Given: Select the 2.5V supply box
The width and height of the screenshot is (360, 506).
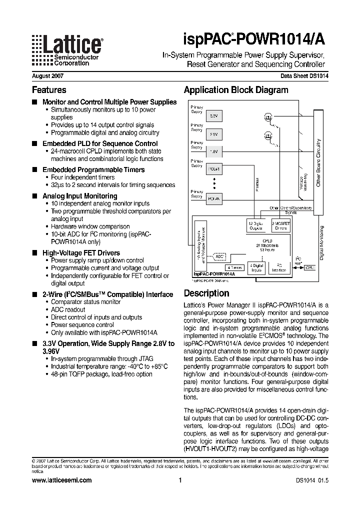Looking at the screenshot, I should coord(213,133).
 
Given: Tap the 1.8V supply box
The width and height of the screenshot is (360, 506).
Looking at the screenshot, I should coord(213,151).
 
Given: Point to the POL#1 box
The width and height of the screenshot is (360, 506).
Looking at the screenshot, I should coord(213,169).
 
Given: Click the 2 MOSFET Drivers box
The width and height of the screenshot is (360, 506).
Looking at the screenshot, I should coord(280,225).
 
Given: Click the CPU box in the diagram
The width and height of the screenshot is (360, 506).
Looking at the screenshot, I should coord(310,267).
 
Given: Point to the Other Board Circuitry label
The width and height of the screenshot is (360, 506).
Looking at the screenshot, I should coord(318,162).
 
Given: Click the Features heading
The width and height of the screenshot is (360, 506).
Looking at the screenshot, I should coord(49,90).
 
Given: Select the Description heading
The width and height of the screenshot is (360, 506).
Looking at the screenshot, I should coord(206,293).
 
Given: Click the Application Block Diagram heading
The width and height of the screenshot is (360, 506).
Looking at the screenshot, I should coord(236,90).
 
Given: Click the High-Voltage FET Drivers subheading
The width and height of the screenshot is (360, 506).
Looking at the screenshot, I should coord(81,253).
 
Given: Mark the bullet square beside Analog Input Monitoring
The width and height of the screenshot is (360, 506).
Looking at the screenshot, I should coord(34,196).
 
